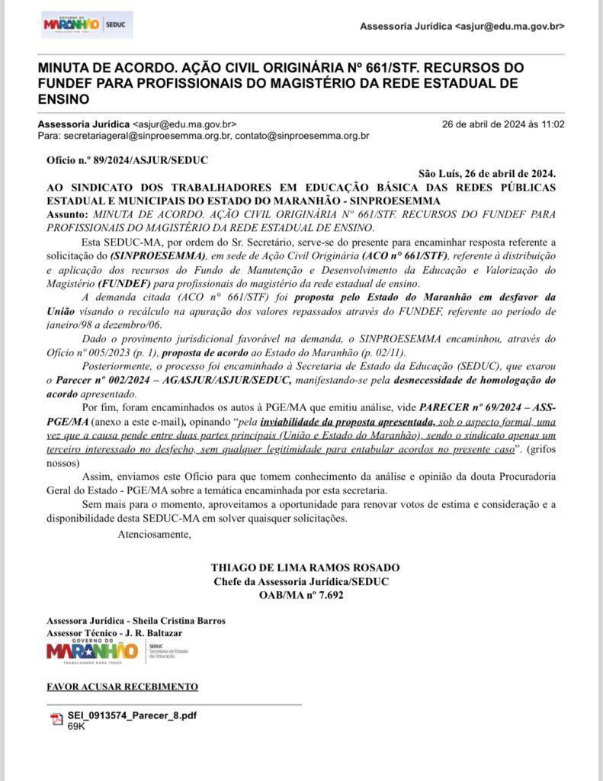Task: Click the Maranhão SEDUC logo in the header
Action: point(86,25)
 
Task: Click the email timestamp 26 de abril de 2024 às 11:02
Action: point(503,124)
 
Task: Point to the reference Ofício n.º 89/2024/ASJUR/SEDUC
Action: point(127,160)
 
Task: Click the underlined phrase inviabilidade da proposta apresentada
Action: point(348,422)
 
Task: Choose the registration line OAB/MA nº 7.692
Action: point(301,596)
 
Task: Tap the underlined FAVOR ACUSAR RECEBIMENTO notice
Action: point(122,686)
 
